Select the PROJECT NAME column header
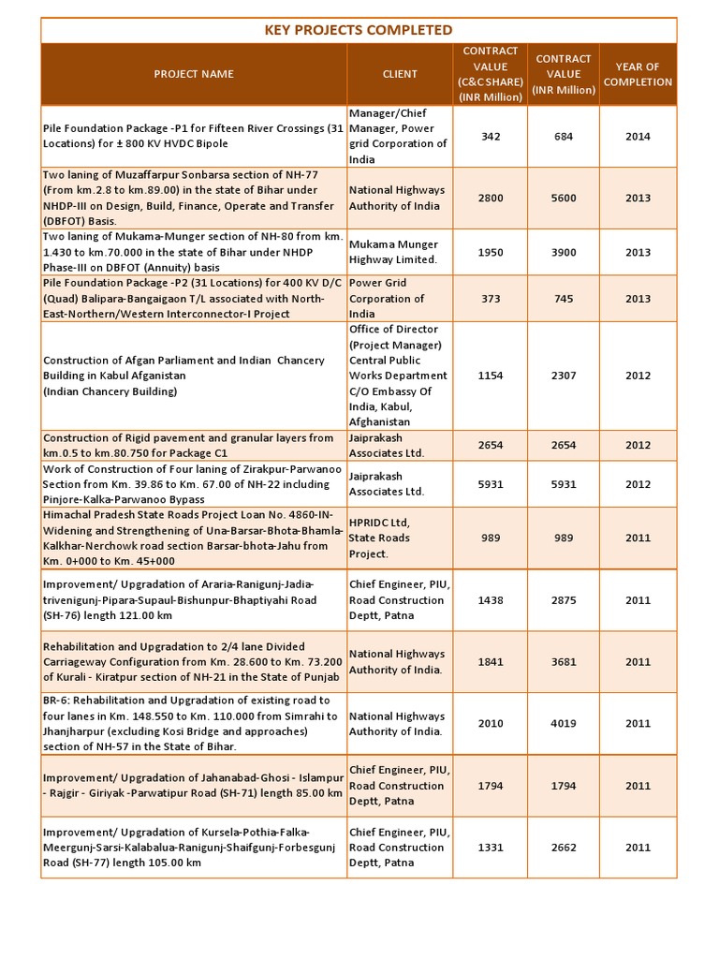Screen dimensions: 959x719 [194, 74]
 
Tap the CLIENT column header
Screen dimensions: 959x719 [400, 74]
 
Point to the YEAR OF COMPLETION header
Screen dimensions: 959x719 [638, 74]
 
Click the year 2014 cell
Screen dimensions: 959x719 [638, 137]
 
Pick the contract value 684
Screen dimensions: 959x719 [563, 137]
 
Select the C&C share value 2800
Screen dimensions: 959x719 [491, 198]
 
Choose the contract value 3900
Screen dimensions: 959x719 [563, 252]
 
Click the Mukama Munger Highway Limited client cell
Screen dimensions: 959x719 [394, 252]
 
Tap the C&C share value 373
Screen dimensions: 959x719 [491, 299]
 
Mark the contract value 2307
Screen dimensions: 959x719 [563, 376]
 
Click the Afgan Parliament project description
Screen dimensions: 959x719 [183, 376]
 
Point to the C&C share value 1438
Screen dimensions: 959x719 [491, 599]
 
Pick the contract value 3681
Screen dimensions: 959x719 [563, 662]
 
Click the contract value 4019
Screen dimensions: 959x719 [563, 723]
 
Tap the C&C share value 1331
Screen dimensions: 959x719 [491, 848]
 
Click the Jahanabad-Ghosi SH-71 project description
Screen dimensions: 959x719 [193, 786]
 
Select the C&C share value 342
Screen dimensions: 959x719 [491, 137]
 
